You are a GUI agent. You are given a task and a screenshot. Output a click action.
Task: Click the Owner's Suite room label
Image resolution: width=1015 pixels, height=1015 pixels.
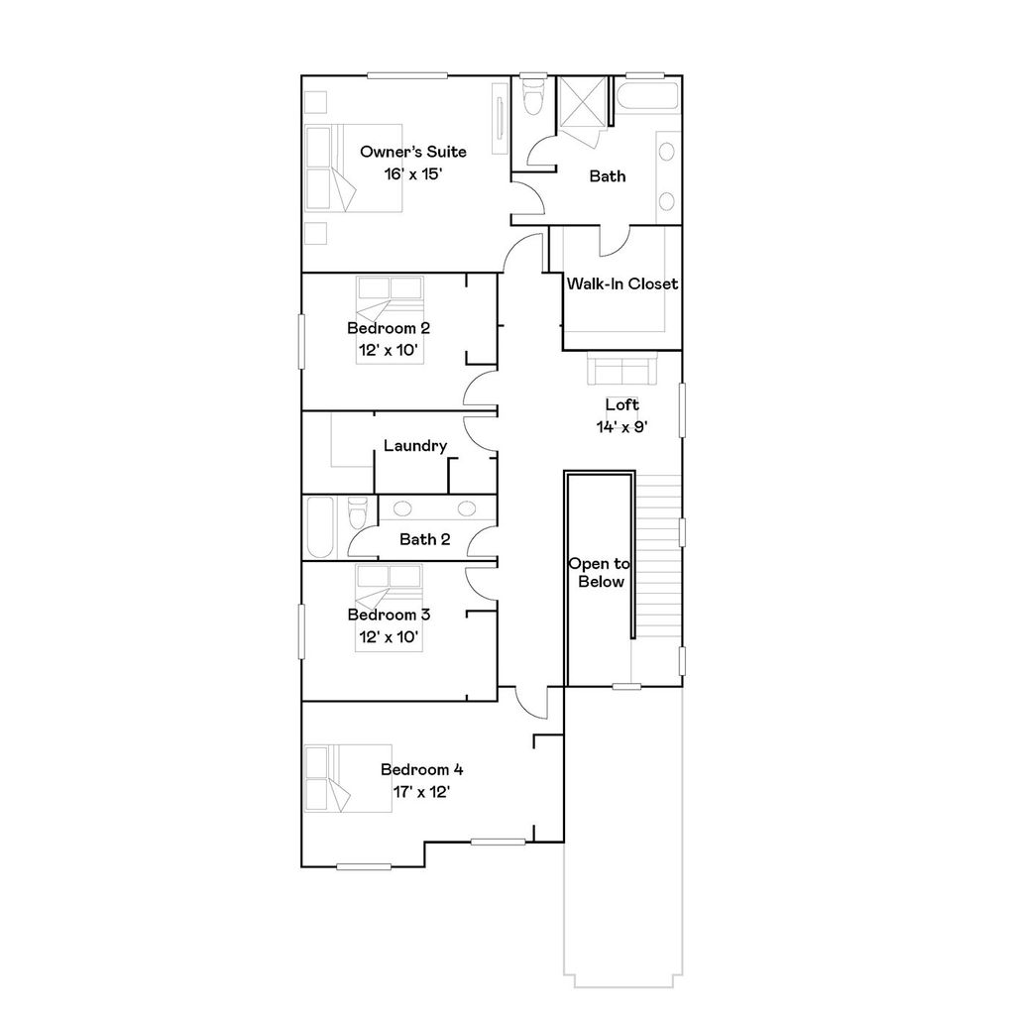[412, 152]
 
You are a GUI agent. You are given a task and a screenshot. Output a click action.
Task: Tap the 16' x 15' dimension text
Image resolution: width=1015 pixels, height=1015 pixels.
[412, 172]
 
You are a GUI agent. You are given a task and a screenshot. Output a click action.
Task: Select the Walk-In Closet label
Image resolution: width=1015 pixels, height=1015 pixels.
[621, 283]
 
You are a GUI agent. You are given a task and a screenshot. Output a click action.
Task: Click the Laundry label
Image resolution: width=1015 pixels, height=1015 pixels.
[414, 446]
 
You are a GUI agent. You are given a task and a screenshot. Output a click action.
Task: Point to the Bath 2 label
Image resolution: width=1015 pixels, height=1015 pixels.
[424, 539]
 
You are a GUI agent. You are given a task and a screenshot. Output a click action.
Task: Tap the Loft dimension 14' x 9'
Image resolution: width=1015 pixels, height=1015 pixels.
[622, 425]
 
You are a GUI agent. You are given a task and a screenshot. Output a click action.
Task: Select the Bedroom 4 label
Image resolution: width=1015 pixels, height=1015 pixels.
[421, 769]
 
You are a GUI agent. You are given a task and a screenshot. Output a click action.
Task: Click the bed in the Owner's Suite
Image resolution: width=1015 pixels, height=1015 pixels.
[353, 168]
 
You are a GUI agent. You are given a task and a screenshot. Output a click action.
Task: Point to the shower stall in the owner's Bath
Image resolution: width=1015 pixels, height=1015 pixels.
[582, 100]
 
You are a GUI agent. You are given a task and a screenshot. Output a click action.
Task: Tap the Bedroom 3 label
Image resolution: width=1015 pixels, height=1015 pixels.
[389, 615]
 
